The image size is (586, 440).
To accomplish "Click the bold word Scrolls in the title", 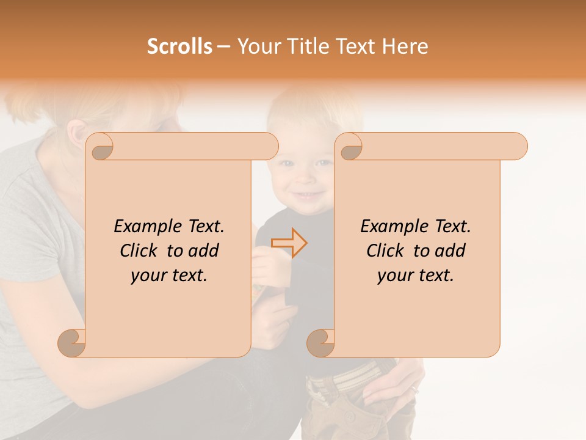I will tap(179, 46).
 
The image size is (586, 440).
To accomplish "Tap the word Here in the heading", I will tap(405, 46).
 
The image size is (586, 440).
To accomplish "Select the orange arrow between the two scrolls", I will tap(289, 243).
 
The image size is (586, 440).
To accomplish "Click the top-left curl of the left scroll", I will tap(101, 147).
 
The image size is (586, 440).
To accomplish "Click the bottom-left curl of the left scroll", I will tap(71, 343).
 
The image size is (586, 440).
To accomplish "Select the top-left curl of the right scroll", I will tap(350, 147).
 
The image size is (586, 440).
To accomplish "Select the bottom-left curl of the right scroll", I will tap(320, 343).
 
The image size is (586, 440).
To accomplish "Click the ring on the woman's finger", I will tap(415, 389).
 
